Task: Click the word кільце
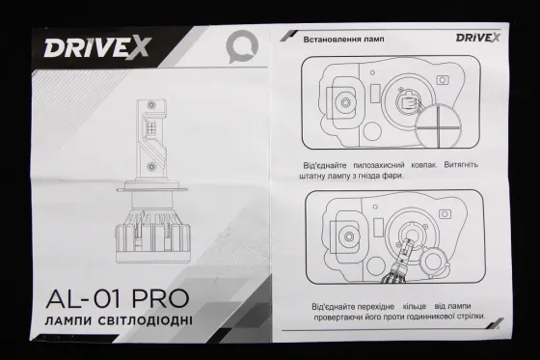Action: (x=425, y=305)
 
